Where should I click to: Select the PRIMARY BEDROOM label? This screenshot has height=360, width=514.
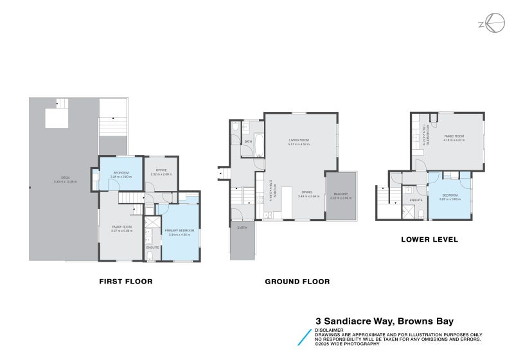coord(179,230)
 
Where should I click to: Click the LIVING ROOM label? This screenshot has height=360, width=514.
coord(299,139)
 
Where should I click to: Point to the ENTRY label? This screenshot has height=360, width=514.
coord(242,228)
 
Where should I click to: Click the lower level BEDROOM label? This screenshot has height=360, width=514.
coord(450,195)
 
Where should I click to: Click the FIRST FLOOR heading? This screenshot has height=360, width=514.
coord(125,282)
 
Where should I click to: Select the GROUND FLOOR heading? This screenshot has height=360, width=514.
coord(297,282)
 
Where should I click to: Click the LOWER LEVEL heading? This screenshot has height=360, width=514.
coord(429,239)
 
